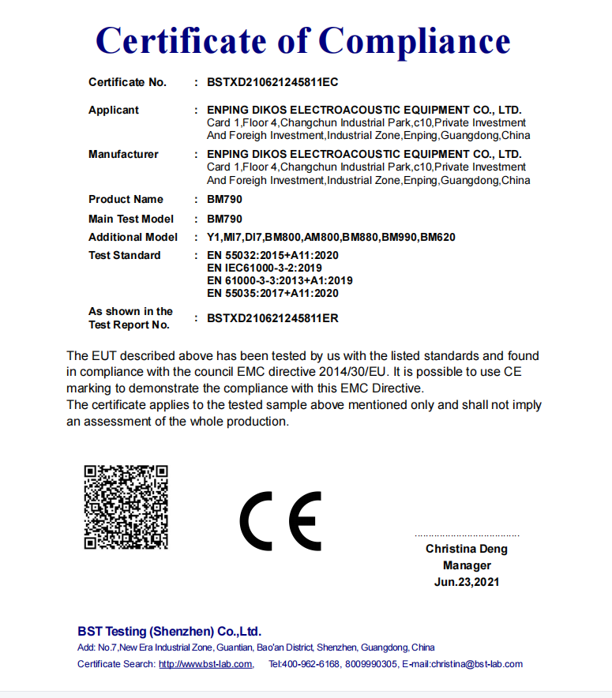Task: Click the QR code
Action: (x=126, y=507)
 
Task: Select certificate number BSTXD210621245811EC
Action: (x=272, y=82)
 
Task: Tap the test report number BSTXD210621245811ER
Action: (x=272, y=318)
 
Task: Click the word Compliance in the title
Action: (x=414, y=40)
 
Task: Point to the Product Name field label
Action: (x=126, y=199)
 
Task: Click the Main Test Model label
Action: (x=131, y=219)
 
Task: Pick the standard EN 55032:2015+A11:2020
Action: (x=272, y=255)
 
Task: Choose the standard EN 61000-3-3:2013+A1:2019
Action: (x=280, y=280)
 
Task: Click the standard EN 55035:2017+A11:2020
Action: (x=272, y=293)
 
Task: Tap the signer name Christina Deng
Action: (x=467, y=549)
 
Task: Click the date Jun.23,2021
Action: (x=467, y=582)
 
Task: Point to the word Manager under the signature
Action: (x=467, y=565)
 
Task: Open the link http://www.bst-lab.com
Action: (x=205, y=664)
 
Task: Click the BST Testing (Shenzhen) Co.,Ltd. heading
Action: (x=169, y=632)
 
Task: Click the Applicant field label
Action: (x=114, y=110)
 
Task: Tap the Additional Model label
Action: (x=133, y=237)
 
